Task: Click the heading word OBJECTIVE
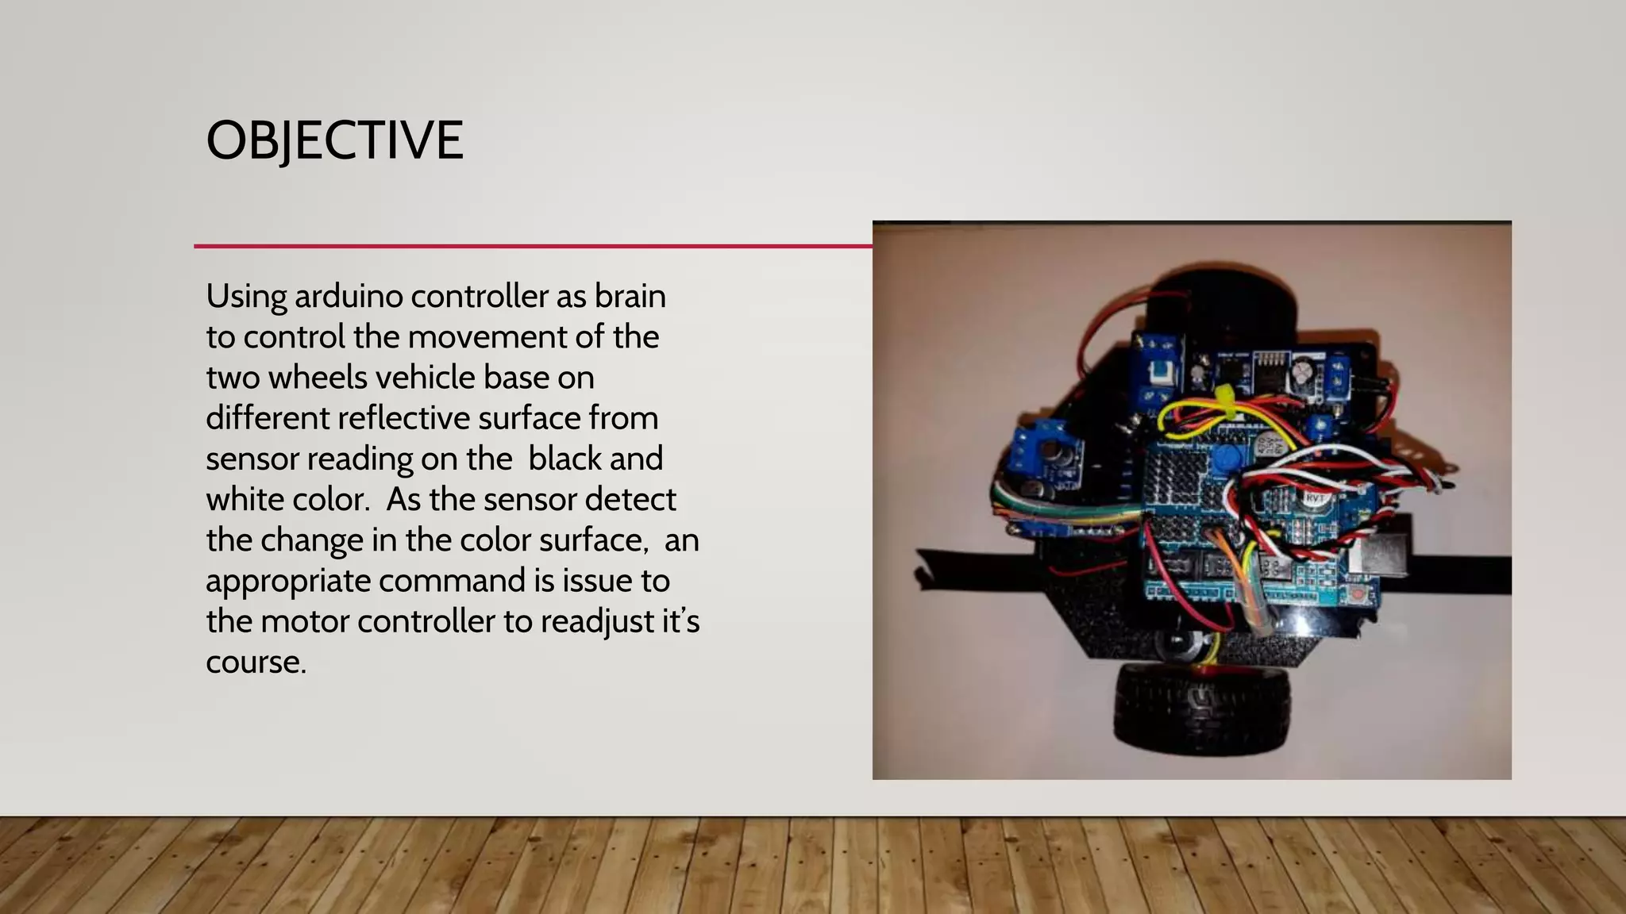click(334, 140)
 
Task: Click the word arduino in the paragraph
click(347, 297)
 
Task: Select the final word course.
click(256, 662)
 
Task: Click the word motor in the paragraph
click(304, 621)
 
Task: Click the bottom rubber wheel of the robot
click(1201, 705)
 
